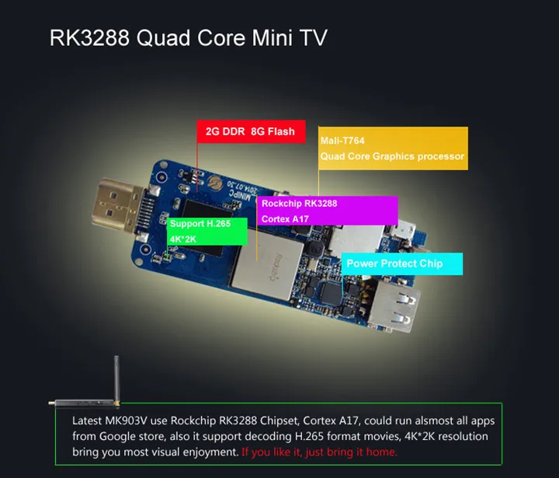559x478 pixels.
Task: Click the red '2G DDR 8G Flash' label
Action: click(x=250, y=131)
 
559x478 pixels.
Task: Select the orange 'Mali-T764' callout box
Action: click(x=392, y=148)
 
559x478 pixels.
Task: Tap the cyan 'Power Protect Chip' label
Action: click(x=401, y=263)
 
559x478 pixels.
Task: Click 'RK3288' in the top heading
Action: click(x=89, y=38)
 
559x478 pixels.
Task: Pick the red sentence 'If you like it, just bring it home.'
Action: click(x=320, y=452)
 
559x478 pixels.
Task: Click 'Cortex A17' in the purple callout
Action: click(x=286, y=219)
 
